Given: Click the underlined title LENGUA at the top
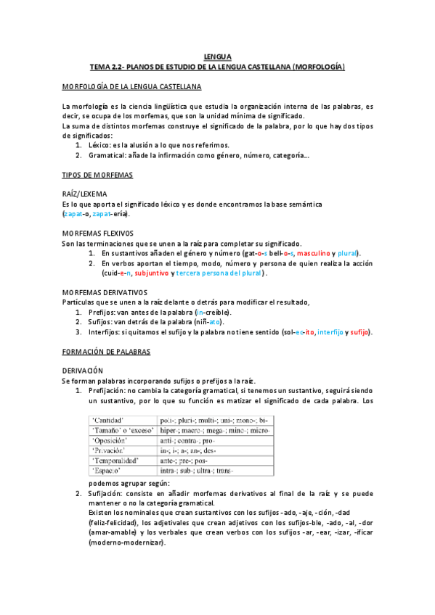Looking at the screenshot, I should pyautogui.click(x=217, y=56).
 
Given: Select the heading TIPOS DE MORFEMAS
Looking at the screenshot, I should pyautogui.click(x=97, y=176).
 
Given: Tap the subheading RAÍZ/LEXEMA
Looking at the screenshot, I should pyautogui.click(x=85, y=194).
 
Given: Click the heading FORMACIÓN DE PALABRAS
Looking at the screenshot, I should pyautogui.click(x=106, y=351).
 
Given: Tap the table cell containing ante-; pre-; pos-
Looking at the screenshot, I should pyautogui.click(x=188, y=461).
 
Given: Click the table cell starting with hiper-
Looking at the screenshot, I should pyautogui.click(x=215, y=430).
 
